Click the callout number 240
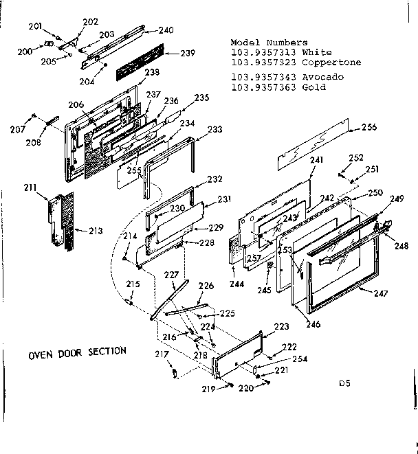click(166, 30)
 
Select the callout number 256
click(369, 127)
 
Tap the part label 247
click(382, 294)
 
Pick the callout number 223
click(281, 326)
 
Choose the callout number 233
click(214, 129)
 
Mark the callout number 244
click(237, 283)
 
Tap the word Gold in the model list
click(314, 87)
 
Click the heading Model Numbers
click(269, 43)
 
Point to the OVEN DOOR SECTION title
click(77, 351)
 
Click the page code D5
click(344, 384)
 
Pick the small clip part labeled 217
click(174, 373)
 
